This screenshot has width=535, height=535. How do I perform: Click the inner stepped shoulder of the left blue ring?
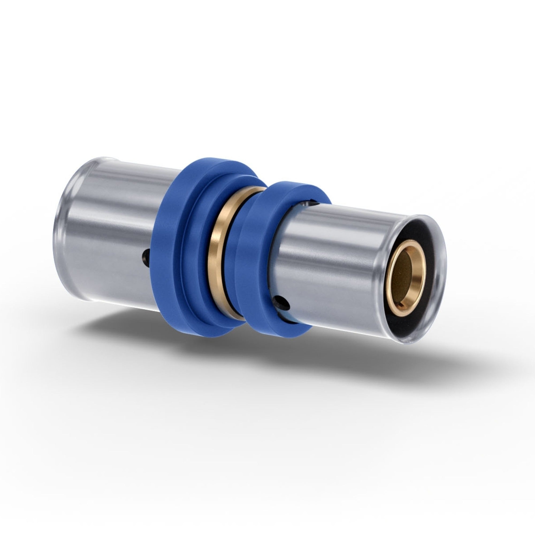point(194,250)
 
